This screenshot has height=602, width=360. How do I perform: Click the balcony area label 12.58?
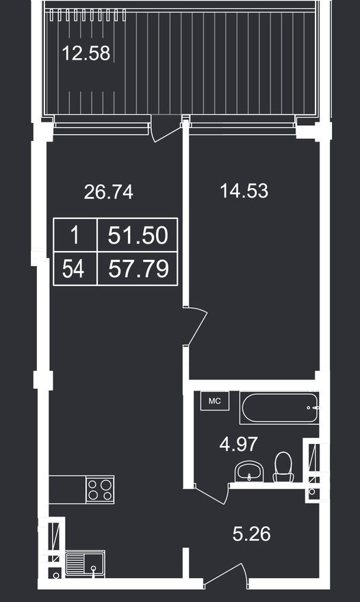[86, 53]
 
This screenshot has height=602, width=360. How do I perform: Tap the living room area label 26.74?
[108, 192]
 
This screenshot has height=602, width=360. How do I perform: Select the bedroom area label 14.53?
[244, 191]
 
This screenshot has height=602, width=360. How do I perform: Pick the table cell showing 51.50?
[138, 236]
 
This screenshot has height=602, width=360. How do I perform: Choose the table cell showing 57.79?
[138, 269]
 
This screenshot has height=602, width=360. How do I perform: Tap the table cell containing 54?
[74, 269]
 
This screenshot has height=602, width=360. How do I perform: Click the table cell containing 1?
[75, 236]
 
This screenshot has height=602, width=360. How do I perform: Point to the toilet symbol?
[283, 467]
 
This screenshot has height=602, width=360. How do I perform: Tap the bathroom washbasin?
[249, 471]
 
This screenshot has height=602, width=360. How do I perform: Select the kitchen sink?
[89, 564]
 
